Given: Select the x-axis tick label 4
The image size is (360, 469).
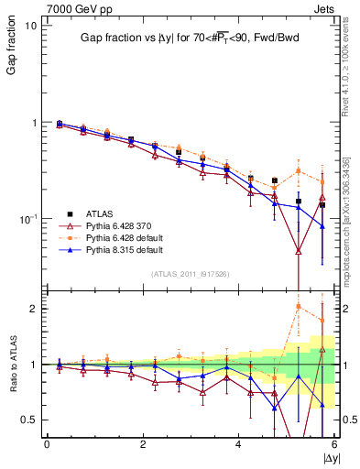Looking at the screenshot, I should (x=238, y=445).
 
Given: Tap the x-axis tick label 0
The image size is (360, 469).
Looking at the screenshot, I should (x=47, y=445).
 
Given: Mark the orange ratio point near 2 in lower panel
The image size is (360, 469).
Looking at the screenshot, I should (x=299, y=306).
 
